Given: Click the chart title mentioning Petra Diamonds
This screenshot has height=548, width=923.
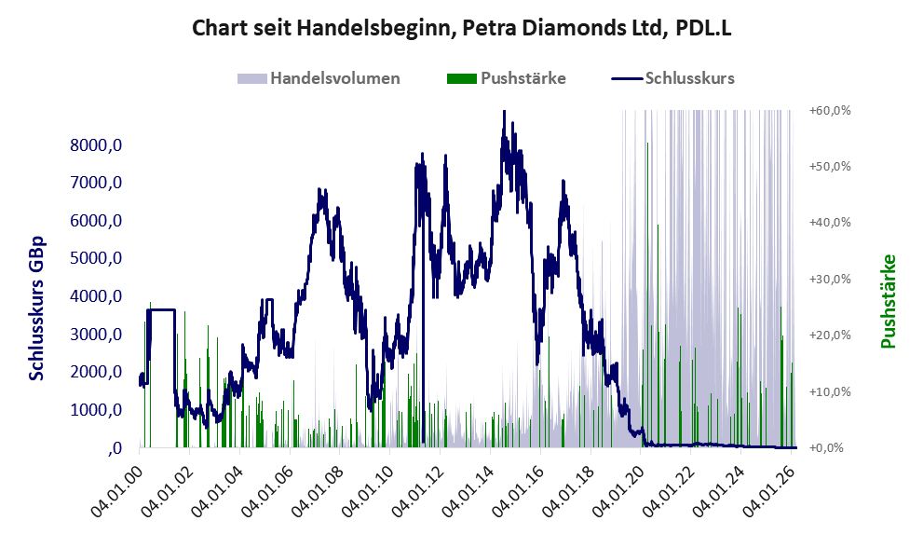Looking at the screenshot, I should click(461, 28).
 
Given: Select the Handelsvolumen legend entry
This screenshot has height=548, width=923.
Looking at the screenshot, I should click(334, 78).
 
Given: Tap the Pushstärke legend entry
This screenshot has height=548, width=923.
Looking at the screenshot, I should click(523, 78).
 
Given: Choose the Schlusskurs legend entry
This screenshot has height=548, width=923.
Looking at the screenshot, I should click(689, 78).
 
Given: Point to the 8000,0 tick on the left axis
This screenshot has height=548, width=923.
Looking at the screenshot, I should click(98, 145).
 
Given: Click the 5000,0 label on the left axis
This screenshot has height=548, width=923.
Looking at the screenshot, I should click(98, 258).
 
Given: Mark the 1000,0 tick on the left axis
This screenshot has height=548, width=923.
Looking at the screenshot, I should click(98, 409).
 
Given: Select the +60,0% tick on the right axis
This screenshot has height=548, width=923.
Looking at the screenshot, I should click(830, 111).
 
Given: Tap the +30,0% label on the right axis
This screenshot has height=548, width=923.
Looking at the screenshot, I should click(830, 280).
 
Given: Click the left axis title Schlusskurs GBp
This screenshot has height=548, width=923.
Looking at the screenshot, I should click(37, 308).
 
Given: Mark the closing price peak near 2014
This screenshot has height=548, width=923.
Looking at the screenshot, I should click(504, 113).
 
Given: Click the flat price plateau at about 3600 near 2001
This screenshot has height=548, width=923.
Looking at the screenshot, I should click(161, 309).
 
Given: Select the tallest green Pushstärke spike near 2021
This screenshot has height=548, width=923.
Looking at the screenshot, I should click(658, 226).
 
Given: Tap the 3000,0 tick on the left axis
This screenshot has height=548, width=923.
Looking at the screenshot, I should click(98, 334).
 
